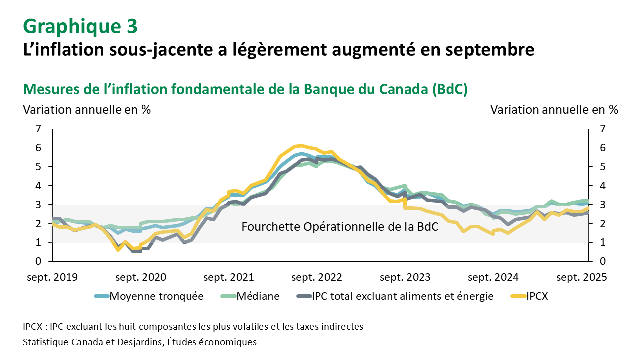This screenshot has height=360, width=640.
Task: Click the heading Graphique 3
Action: [79, 26]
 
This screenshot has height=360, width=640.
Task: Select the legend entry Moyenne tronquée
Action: [156, 296]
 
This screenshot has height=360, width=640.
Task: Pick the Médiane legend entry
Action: [258, 296]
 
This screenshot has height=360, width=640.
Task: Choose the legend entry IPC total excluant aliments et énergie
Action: [402, 296]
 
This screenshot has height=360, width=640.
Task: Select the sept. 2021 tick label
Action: [229, 277]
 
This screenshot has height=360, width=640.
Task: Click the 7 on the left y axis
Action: [38, 129]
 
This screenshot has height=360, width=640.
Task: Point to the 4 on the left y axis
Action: [38, 186]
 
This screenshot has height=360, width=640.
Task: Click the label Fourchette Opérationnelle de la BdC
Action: [340, 227]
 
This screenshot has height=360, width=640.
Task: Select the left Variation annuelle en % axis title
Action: [87, 110]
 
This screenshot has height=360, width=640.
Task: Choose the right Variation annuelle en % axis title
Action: [554, 110]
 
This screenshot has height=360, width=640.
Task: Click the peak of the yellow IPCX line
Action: [300, 145]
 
